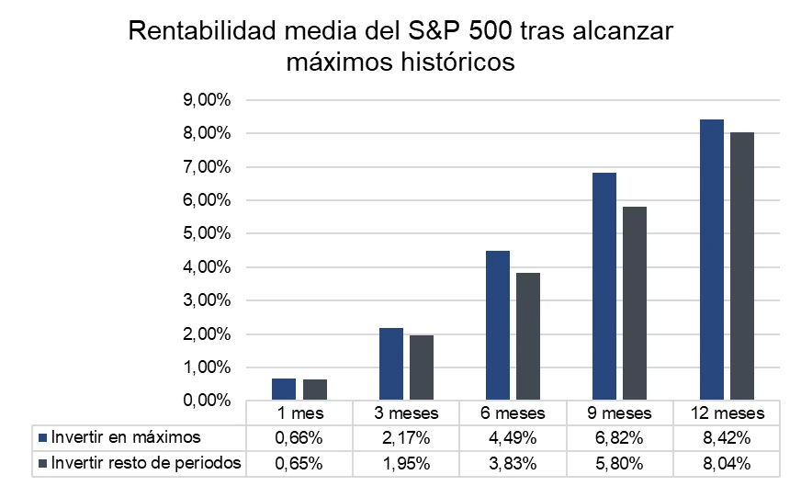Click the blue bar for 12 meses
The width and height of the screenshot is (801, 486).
[x=712, y=260]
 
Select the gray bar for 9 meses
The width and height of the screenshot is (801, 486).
[x=635, y=303]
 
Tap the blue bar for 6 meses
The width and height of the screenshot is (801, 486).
[x=498, y=325]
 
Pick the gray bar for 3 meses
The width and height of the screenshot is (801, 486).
[x=422, y=367]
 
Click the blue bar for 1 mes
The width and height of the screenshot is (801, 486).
[x=284, y=389]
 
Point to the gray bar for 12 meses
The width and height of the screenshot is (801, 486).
[x=741, y=266]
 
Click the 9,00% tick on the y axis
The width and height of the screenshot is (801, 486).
[x=207, y=100]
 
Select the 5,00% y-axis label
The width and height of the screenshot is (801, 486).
[x=207, y=233]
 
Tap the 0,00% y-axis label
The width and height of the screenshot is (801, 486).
[x=207, y=401]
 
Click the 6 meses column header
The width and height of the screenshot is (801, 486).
[x=513, y=413]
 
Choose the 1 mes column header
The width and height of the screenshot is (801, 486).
[x=299, y=413]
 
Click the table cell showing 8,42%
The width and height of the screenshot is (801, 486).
[x=727, y=438]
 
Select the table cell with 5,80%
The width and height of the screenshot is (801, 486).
[x=619, y=464]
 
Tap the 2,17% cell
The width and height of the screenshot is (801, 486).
[x=406, y=438]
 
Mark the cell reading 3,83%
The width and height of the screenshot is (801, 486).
[x=513, y=464]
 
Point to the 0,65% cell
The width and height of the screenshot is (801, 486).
[x=299, y=464]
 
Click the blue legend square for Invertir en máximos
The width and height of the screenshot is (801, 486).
[x=43, y=437]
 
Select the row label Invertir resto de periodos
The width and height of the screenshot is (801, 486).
[x=146, y=463]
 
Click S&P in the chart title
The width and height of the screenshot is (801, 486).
[x=434, y=31]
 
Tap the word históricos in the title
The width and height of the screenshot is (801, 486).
[x=457, y=62]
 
